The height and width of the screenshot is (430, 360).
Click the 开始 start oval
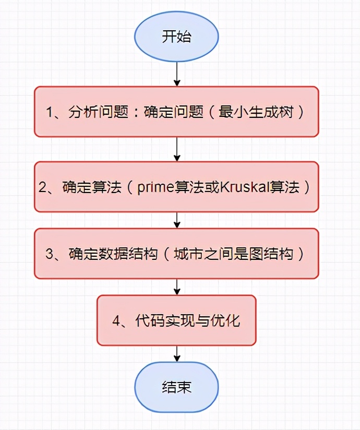[x=176, y=38]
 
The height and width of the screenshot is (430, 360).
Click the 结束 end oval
[x=176, y=387]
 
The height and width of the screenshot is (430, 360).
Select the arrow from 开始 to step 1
[x=177, y=74]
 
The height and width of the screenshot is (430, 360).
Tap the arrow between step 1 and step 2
[x=177, y=149]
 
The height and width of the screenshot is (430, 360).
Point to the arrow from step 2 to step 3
[x=177, y=220]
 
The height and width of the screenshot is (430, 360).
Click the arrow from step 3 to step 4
[x=177, y=286]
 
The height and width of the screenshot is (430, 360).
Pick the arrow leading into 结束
[x=177, y=353]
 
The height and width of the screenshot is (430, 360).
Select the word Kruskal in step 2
[x=241, y=187]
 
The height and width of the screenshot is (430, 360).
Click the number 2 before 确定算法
[x=43, y=187]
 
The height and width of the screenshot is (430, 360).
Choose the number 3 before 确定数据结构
[x=50, y=254]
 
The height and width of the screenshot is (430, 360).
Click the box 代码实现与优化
[x=176, y=320]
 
